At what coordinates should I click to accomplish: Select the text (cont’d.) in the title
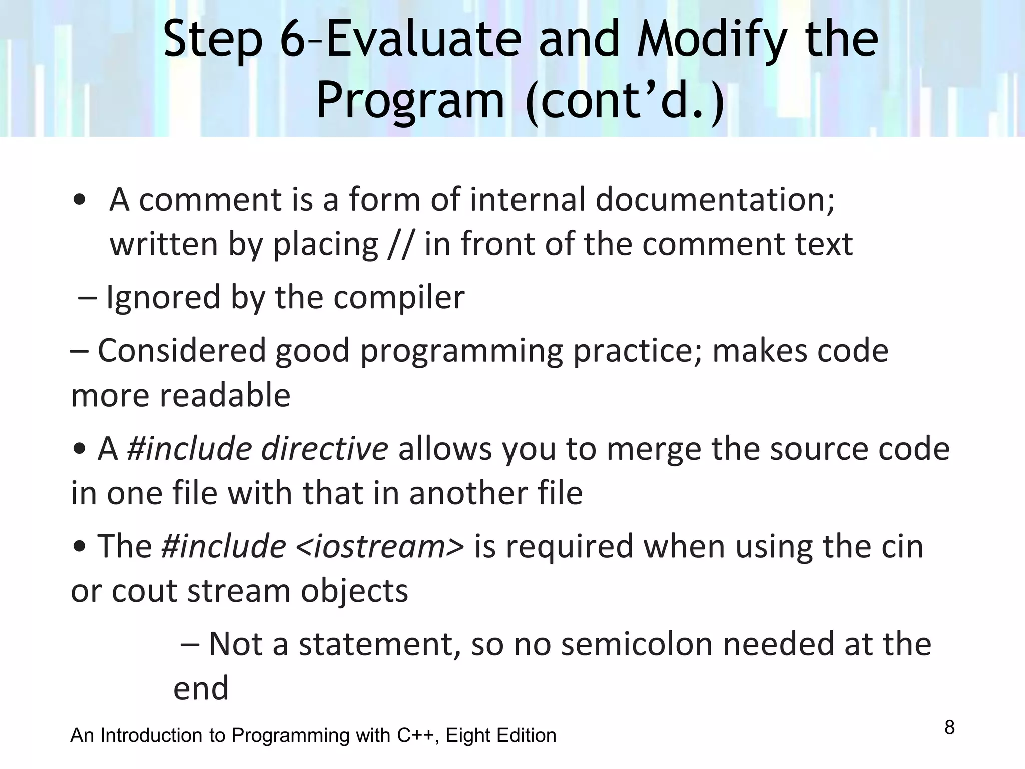[x=625, y=100]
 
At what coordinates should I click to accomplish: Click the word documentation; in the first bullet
[x=715, y=199]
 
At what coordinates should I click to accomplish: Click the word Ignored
[x=163, y=297]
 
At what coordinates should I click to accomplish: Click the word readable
[x=225, y=395]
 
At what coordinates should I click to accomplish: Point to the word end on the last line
[x=201, y=688]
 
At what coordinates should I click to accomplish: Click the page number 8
[x=949, y=727]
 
